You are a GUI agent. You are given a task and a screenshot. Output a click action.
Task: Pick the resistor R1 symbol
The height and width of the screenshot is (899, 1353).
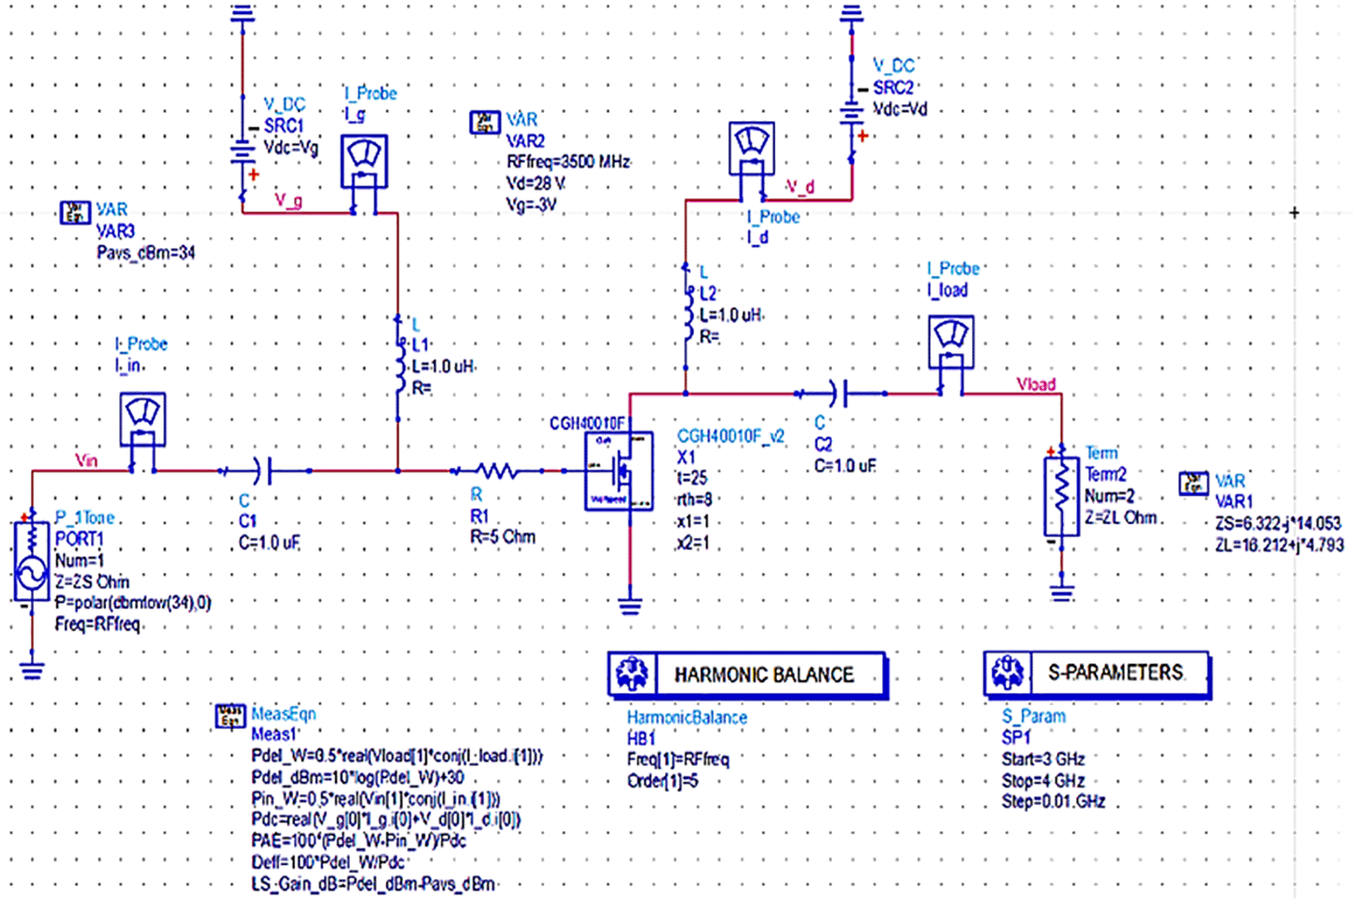tap(497, 471)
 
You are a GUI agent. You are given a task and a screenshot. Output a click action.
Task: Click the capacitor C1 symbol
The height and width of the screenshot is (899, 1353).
tap(262, 471)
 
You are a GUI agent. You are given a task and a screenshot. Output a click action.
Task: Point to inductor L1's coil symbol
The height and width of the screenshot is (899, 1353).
tap(398, 368)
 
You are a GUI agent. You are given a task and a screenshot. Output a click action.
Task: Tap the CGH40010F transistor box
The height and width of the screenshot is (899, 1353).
tap(618, 471)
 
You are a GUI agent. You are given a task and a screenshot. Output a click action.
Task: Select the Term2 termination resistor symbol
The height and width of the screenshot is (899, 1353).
tap(1061, 496)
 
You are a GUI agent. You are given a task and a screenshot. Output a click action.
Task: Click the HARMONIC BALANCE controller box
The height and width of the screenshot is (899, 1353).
tap(747, 675)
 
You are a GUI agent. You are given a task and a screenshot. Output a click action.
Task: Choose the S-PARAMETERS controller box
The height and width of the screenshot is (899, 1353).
tap(1096, 673)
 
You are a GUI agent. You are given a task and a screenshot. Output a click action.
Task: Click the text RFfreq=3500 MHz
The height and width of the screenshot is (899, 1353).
tap(568, 162)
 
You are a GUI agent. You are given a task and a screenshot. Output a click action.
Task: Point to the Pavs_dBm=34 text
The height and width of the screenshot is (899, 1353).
tap(146, 253)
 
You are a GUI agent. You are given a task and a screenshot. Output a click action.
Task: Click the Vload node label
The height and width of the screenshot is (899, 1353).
tap(1035, 384)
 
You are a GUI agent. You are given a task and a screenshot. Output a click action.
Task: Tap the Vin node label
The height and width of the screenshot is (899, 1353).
tap(86, 461)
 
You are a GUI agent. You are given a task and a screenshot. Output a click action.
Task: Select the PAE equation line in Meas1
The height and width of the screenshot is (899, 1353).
tap(358, 841)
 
